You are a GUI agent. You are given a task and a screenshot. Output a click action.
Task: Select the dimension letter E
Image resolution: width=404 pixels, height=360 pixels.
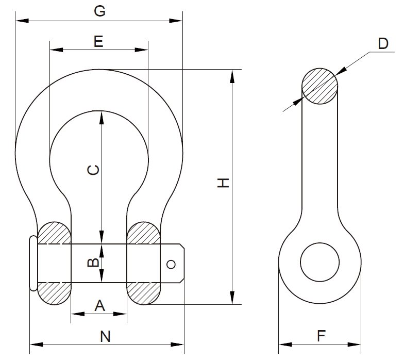[99, 41]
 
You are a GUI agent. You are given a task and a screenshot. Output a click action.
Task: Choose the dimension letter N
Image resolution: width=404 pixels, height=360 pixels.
[106, 337]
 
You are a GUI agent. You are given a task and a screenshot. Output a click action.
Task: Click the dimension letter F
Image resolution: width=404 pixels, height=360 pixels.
[321, 337]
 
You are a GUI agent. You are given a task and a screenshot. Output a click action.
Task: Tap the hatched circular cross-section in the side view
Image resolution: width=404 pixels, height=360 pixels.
[319, 86]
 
